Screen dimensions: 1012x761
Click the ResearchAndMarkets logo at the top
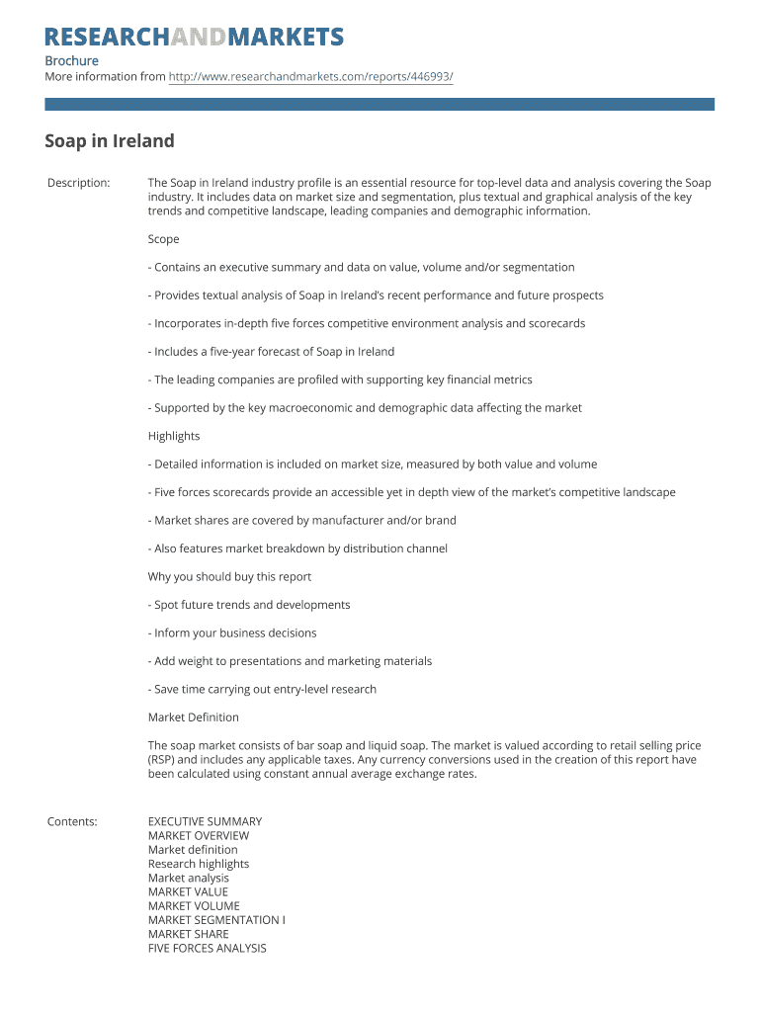[194, 38]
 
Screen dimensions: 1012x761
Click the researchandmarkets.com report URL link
[310, 77]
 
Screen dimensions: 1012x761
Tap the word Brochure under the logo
[71, 60]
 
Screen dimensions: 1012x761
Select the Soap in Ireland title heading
[109, 141]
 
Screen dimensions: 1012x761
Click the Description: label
[78, 183]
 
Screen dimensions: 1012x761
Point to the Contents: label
[72, 821]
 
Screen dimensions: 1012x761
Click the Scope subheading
[163, 239]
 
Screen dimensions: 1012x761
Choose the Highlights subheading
[174, 436]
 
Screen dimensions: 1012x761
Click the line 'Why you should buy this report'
[229, 576]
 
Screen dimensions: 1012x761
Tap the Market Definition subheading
[193, 717]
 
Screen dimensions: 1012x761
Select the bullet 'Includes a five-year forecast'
[271, 352]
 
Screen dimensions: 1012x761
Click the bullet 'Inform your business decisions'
[232, 632]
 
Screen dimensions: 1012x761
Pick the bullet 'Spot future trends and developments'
[249, 605]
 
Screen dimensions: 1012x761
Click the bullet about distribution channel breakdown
[297, 548]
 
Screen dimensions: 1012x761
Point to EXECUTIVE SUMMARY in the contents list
[205, 821]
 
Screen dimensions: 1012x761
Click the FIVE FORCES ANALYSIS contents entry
[207, 948]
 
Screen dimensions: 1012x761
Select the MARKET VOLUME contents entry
[193, 905]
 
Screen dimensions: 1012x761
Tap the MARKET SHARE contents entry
[188, 934]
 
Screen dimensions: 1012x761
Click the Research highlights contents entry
[198, 864]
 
